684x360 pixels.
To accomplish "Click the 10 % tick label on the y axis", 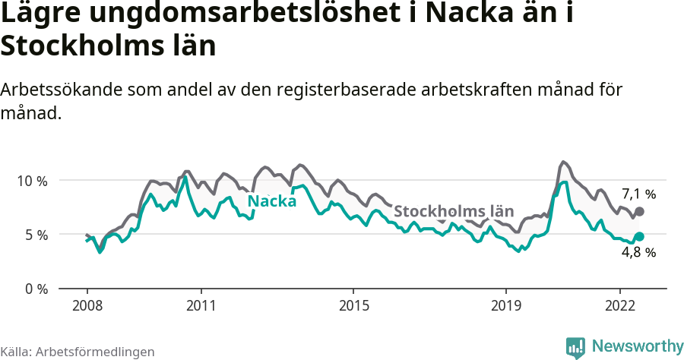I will (31, 181).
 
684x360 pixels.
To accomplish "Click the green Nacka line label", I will (272, 201).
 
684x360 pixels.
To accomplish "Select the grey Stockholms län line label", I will (454, 211).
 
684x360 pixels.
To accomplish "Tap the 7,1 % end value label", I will (638, 194).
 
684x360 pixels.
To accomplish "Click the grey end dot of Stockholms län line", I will (639, 211).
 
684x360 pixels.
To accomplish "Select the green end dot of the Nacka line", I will (639, 236).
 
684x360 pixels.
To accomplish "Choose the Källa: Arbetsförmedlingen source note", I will (78, 352).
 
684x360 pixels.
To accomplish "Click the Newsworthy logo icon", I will (575, 347).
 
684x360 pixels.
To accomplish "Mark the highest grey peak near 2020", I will (562, 162).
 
